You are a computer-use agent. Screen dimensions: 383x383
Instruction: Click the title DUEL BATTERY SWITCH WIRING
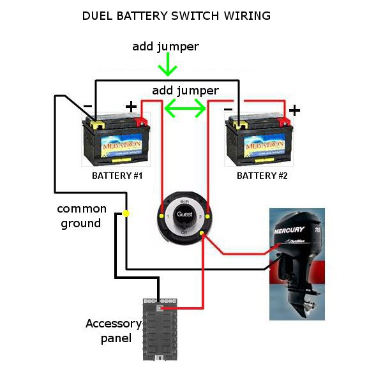[176, 15]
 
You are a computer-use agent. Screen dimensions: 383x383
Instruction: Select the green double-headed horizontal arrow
[186, 110]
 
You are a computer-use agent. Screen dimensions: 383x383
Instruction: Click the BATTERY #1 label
[117, 176]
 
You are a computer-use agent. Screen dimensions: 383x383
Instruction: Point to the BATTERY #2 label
[262, 176]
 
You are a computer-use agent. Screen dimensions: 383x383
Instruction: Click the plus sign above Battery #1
[131, 106]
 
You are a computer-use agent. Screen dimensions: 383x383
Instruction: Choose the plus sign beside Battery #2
[294, 110]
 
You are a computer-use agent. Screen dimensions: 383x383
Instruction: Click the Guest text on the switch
[184, 215]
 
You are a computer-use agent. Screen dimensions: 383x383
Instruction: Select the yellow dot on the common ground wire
[126, 213]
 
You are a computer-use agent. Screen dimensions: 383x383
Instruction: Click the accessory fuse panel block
[160, 328]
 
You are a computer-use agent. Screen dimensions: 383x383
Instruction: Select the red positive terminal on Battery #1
[142, 121]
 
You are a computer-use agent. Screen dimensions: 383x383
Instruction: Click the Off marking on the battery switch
[184, 233]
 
